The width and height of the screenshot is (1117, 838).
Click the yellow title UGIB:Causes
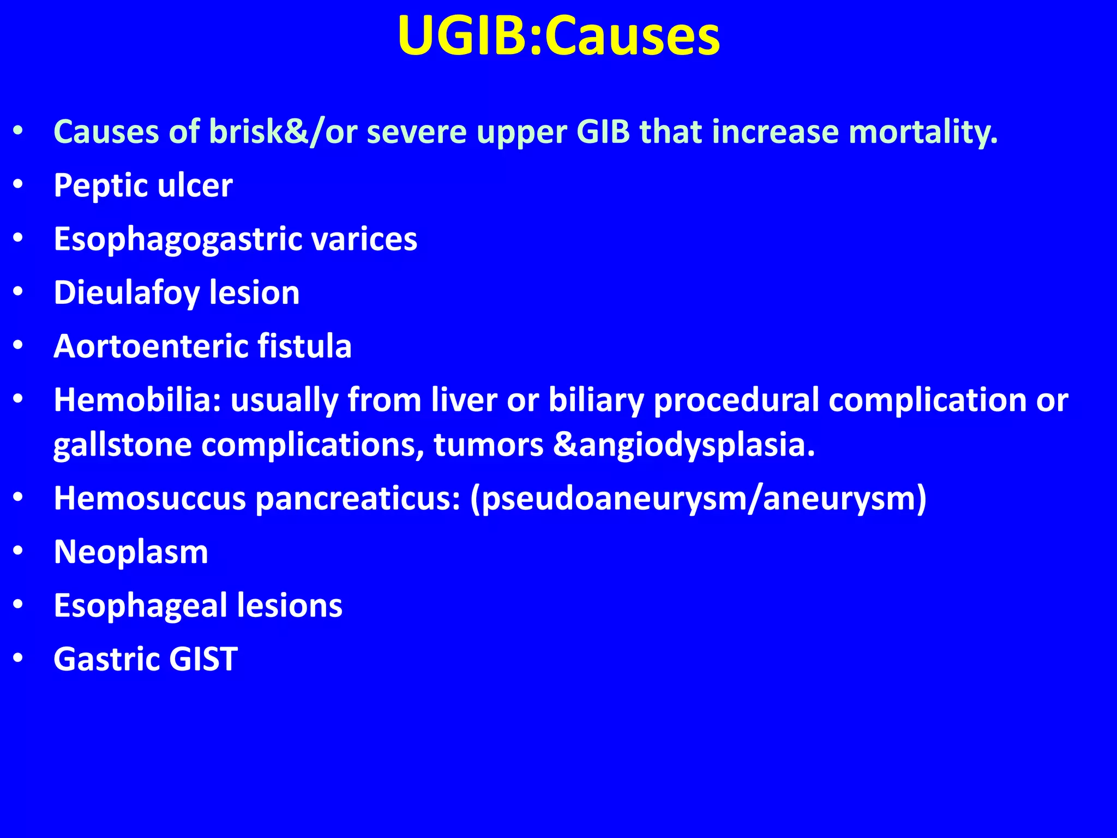click(x=558, y=36)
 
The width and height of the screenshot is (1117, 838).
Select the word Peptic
click(x=100, y=185)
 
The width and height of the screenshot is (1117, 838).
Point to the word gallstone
click(x=122, y=445)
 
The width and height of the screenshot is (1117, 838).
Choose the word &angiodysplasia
click(x=684, y=445)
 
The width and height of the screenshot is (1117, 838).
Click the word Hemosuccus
click(x=149, y=498)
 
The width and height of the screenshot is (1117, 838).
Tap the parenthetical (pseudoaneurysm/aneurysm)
click(x=698, y=498)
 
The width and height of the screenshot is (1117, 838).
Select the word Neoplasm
click(x=131, y=552)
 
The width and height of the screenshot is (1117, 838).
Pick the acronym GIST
click(x=203, y=659)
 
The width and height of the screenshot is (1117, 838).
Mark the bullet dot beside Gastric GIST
click(x=19, y=659)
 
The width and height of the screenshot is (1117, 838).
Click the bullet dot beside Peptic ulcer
click(x=19, y=185)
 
